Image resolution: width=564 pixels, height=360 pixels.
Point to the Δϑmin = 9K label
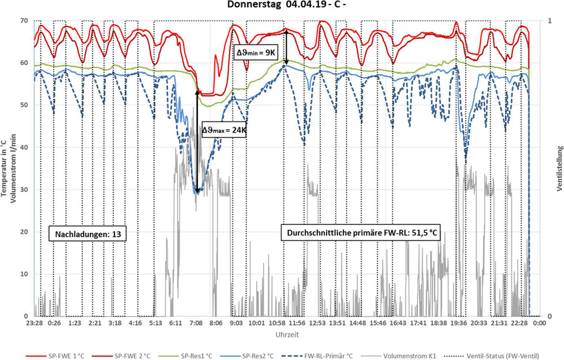pyautogui.click(x=256, y=54)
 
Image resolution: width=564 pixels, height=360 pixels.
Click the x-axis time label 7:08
pyautogui.click(x=197, y=323)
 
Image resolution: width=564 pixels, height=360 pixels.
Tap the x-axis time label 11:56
pyautogui.click(x=298, y=323)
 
